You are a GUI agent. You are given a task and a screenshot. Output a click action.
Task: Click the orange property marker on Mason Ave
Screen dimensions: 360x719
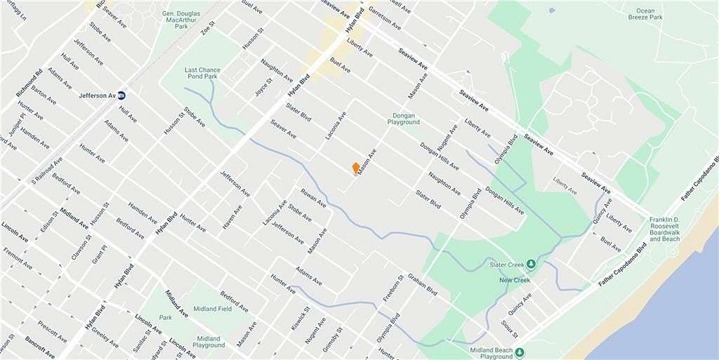pos(356,168)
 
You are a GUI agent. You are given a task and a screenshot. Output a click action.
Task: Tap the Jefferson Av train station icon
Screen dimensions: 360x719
pos(121,95)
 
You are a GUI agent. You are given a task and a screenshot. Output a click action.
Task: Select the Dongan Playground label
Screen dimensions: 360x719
pos(404,119)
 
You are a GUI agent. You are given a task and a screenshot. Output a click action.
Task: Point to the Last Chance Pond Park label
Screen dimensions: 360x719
pos(202,73)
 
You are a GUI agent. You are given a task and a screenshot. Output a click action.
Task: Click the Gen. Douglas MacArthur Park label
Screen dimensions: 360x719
pos(171,20)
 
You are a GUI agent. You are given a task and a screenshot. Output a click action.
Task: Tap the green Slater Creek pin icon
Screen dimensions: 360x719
pos(531,265)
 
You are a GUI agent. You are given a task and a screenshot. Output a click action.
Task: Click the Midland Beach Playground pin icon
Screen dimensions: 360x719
pos(520,352)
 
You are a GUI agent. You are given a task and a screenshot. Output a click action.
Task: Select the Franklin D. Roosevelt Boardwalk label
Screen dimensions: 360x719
pos(664,229)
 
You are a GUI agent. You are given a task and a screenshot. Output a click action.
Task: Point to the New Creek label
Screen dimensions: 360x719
pos(514,280)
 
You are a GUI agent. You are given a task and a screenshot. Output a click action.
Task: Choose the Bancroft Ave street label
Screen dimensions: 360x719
pos(39,347)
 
